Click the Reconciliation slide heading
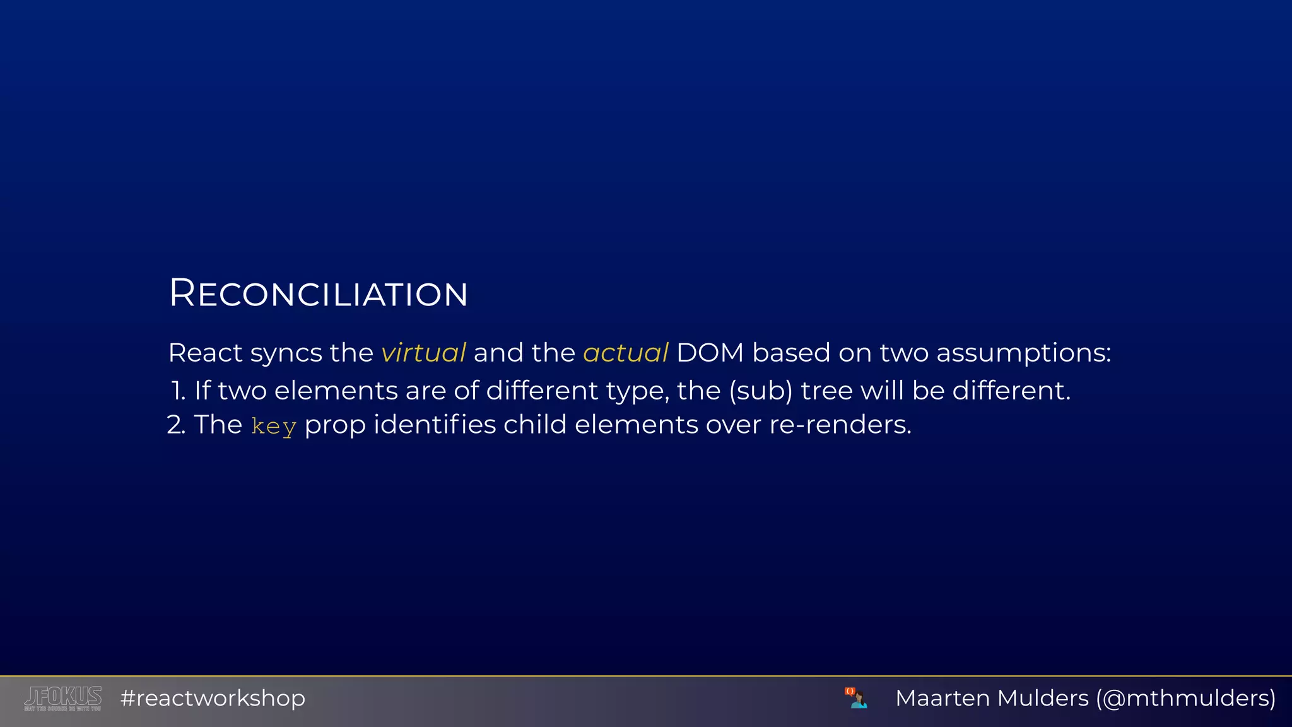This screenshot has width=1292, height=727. click(318, 293)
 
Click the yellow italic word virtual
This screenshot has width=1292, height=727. click(423, 353)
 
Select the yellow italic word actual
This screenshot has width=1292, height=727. click(625, 353)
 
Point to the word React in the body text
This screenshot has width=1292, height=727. click(205, 353)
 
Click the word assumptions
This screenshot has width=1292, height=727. click(1023, 353)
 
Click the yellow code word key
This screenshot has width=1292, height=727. click(273, 427)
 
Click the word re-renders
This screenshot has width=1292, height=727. click(840, 425)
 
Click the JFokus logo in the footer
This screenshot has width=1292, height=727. click(63, 698)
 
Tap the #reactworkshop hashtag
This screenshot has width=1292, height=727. click(213, 698)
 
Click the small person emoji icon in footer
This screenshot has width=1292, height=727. click(856, 698)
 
